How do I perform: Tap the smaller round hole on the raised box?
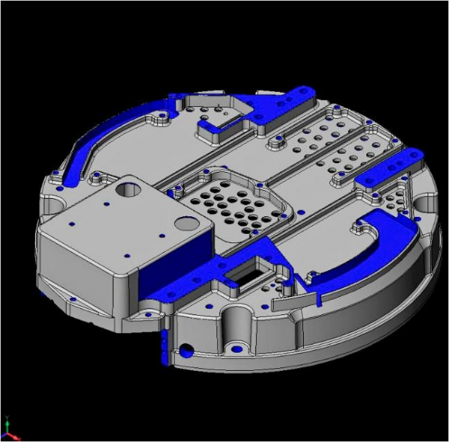[183, 223]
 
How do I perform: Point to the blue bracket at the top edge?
[288, 102]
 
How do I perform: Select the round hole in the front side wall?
[184, 349]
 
